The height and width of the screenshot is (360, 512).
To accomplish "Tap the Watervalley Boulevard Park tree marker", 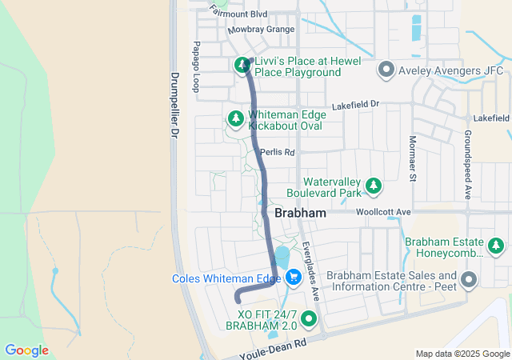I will (373, 186).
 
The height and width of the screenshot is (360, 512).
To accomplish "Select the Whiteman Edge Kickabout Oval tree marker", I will (236, 118).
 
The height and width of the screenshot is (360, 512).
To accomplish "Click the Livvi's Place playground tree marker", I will (242, 65).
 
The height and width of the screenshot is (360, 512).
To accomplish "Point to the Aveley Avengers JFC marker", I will (386, 70).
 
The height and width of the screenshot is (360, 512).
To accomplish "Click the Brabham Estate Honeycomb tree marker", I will (497, 246).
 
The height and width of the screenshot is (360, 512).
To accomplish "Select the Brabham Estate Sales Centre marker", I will (468, 280).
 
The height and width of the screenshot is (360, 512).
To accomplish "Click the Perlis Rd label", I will (278, 151).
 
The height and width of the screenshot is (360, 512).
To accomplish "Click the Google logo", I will (26, 350).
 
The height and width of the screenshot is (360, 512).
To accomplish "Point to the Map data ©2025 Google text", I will (462, 354).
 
